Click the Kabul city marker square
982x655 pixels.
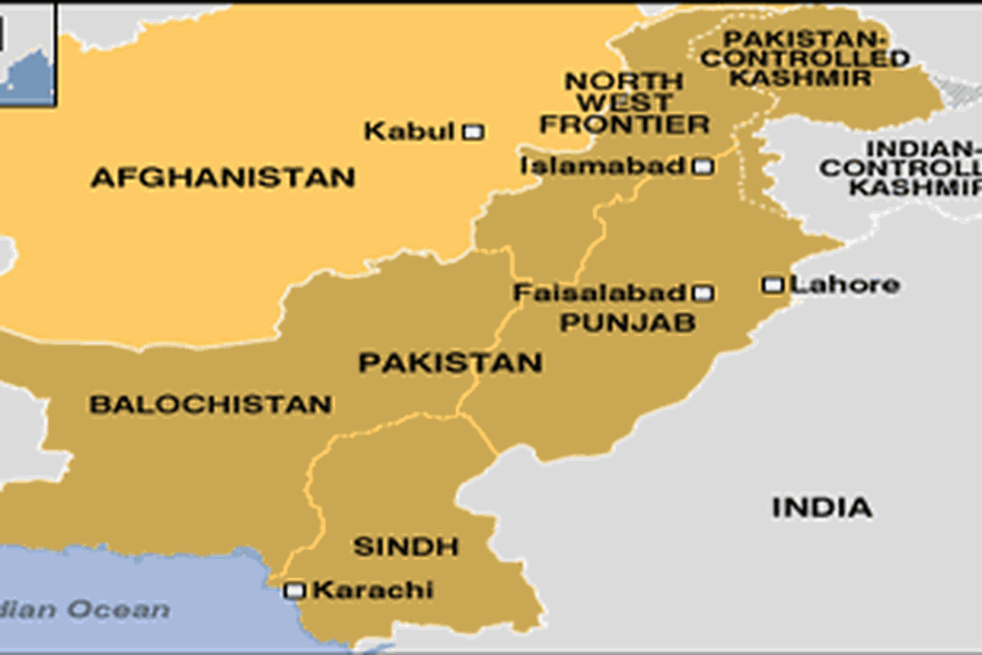click(x=473, y=131)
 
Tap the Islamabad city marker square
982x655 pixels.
click(x=702, y=167)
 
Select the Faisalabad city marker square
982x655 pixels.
click(x=702, y=293)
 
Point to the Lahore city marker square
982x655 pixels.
click(x=773, y=285)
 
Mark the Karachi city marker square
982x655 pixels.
click(x=295, y=590)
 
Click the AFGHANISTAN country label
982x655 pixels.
click(x=223, y=178)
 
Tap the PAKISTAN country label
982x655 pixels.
click(x=450, y=363)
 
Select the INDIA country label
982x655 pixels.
click(x=822, y=508)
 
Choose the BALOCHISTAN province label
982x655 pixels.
click(x=210, y=404)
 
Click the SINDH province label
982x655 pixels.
click(x=406, y=547)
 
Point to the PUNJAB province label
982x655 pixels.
click(x=628, y=323)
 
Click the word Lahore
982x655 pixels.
click(x=846, y=285)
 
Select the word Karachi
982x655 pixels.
click(x=373, y=590)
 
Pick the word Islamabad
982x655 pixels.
click(x=602, y=166)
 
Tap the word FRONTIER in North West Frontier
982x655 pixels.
click(x=624, y=125)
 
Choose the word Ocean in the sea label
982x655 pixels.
click(x=119, y=610)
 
